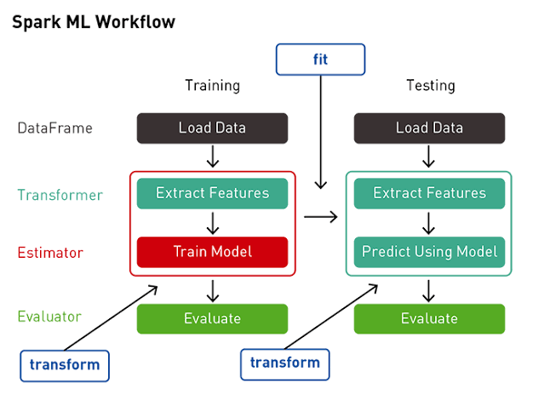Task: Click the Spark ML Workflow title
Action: click(93, 22)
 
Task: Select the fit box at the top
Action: click(319, 60)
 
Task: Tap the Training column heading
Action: click(212, 86)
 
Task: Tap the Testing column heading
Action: click(429, 86)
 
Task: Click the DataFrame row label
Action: click(54, 129)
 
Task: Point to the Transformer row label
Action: click(60, 195)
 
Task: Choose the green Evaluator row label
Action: click(49, 317)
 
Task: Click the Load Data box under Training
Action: click(212, 129)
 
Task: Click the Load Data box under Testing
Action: click(429, 129)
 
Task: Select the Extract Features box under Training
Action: click(212, 194)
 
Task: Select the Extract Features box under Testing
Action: click(429, 194)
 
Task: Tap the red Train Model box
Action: click(212, 252)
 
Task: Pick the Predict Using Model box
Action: click(429, 252)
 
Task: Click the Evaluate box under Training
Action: click(212, 319)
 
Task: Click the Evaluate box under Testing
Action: click(429, 319)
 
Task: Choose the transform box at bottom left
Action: click(65, 365)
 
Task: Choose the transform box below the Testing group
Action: click(285, 363)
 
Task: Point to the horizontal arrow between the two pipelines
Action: click(320, 217)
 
